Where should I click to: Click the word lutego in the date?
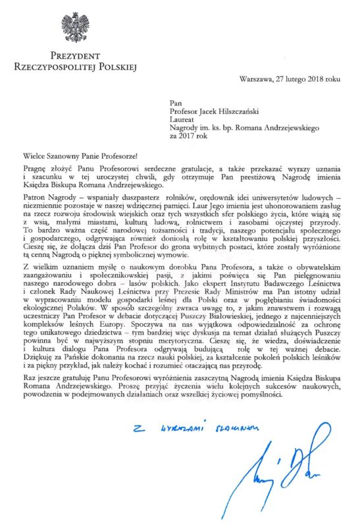294,80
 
